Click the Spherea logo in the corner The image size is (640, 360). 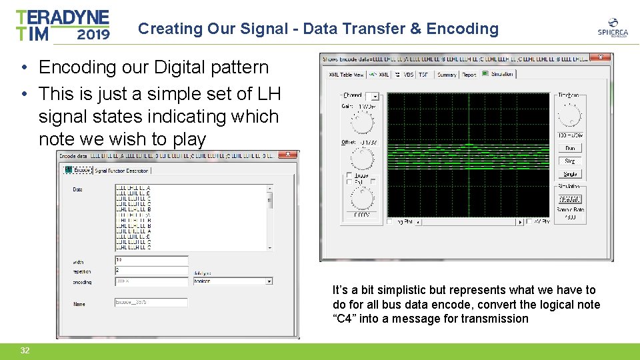point(611,29)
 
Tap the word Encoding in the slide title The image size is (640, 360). point(462,29)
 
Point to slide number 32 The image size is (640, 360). point(25,351)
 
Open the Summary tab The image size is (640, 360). point(447,75)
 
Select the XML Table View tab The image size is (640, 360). point(344,75)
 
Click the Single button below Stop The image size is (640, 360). point(570,174)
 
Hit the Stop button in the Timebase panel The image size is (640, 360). point(570,161)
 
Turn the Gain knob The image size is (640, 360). point(362,123)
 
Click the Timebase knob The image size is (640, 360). point(570,116)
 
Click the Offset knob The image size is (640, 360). point(362,159)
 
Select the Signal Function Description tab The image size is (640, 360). point(122,171)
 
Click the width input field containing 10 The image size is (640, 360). point(151,260)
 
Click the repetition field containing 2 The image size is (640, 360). point(151,271)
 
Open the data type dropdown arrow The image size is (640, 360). point(269,281)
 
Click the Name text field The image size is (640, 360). point(151,303)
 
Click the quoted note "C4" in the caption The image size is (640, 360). point(345,319)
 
